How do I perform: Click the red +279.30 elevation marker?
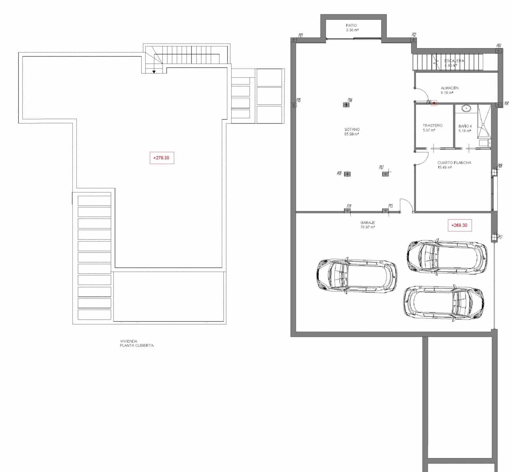[161, 158]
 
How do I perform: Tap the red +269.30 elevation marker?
[459, 225]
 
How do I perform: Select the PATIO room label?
[351, 26]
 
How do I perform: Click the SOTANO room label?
[352, 129]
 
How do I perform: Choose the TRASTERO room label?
[432, 125]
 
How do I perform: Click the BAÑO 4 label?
[465, 126]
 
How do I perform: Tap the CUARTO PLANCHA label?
[454, 162]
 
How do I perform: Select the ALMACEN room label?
[449, 88]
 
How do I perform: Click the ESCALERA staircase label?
[454, 61]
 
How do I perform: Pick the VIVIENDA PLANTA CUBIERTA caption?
[137, 343]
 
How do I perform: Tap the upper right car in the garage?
[447, 256]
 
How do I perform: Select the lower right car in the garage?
[443, 302]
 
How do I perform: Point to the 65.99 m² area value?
[352, 134]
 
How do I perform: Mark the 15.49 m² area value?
[444, 167]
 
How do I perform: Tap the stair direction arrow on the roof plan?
[154, 71]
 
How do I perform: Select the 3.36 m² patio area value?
[352, 30]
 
